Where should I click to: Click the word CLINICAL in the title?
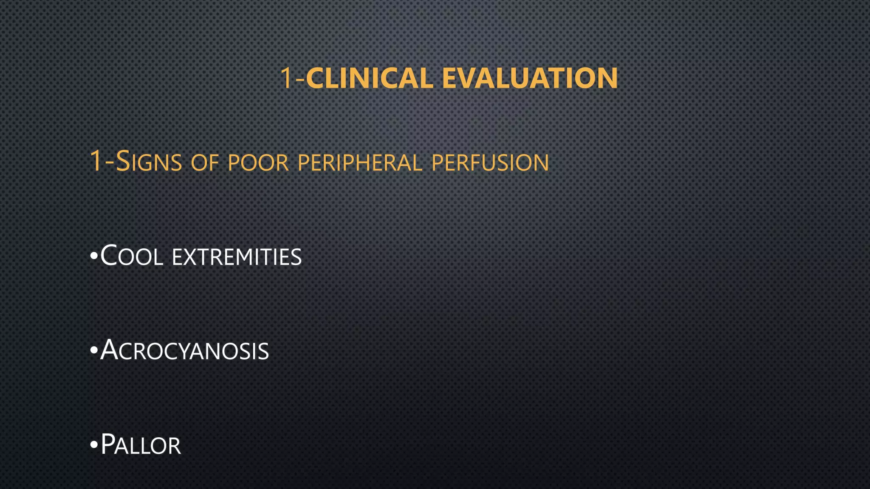(x=369, y=78)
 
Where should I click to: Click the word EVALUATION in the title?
(x=530, y=78)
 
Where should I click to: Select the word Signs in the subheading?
(x=149, y=162)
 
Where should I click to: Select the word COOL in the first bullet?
(x=132, y=256)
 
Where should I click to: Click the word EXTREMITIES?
(x=237, y=258)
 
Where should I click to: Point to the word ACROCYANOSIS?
(x=184, y=351)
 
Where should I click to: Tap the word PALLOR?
(x=141, y=445)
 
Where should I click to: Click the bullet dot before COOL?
(x=94, y=257)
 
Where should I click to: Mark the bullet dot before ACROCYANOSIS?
(x=94, y=351)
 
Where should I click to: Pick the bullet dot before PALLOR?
(x=94, y=446)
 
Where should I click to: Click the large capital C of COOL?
(x=109, y=256)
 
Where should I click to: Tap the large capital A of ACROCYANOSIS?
(x=109, y=350)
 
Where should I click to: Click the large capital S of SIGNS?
(x=123, y=161)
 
